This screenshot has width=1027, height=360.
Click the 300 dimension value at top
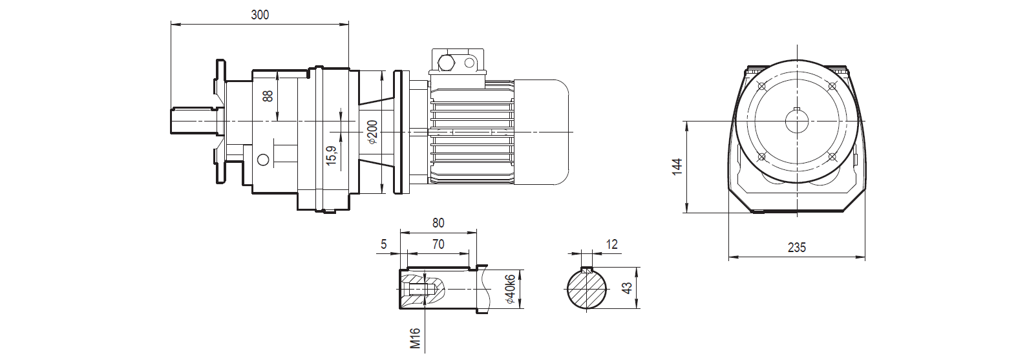pyautogui.click(x=260, y=15)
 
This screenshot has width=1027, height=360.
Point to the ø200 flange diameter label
pyautogui.click(x=372, y=132)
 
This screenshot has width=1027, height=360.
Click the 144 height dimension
pyautogui.click(x=677, y=166)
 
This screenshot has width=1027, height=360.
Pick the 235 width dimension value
pyautogui.click(x=797, y=248)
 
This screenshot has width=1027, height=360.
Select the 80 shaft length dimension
pyautogui.click(x=438, y=223)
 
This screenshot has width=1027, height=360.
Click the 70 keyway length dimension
pyautogui.click(x=438, y=244)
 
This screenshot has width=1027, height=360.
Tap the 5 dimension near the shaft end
pyautogui.click(x=384, y=244)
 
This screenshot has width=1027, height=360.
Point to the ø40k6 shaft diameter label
pyautogui.click(x=510, y=290)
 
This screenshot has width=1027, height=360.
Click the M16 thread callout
pyautogui.click(x=416, y=339)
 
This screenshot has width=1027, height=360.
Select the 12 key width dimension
pyautogui.click(x=612, y=244)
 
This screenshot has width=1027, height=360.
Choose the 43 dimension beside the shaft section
pyautogui.click(x=626, y=288)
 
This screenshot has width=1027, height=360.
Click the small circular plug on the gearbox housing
pyautogui.click(x=263, y=160)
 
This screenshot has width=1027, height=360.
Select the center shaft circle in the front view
pyautogui.click(x=797, y=122)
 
